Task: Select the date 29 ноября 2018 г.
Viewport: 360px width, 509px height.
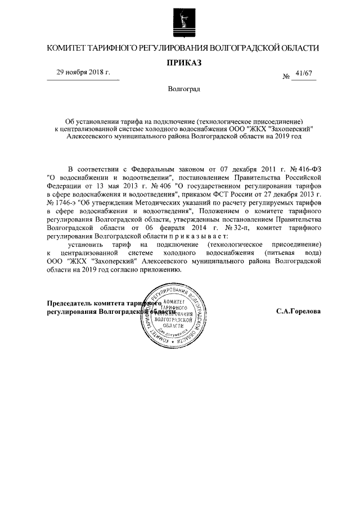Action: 83,73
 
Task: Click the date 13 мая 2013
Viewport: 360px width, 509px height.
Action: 130,185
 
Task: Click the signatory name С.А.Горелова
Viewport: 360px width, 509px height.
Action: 298,310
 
